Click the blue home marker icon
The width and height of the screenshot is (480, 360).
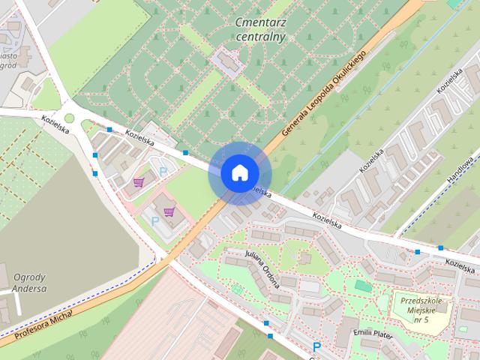[238, 172]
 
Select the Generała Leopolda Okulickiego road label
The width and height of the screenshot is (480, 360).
[324, 94]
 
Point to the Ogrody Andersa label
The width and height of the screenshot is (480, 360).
[30, 282]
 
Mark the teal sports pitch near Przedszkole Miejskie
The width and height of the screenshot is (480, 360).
[363, 286]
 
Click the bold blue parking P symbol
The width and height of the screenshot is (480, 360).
[316, 347]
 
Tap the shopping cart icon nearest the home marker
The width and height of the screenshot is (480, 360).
[169, 211]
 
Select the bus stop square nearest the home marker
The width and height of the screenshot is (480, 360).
[184, 153]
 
